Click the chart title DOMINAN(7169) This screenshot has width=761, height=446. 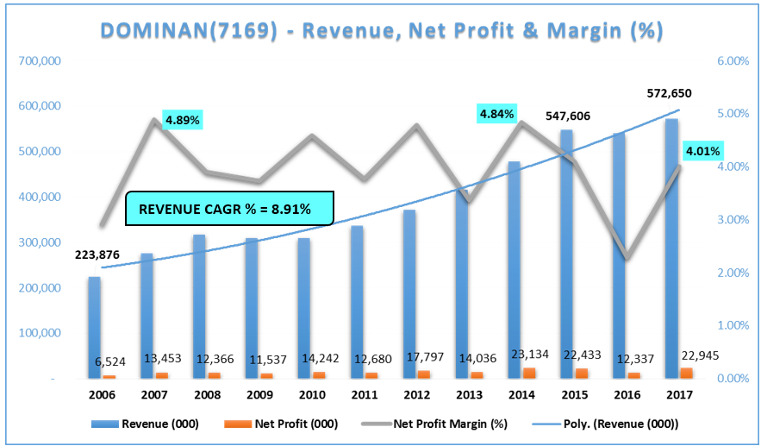coord(381,31)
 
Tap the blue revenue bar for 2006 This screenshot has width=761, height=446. coord(94,327)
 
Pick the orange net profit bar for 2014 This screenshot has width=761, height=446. coord(529,373)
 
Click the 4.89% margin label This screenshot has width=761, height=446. coord(182,119)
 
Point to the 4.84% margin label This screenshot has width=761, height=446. coord(497,113)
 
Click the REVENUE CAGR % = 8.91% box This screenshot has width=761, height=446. coord(229,208)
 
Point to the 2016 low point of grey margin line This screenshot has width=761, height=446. coord(629,258)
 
